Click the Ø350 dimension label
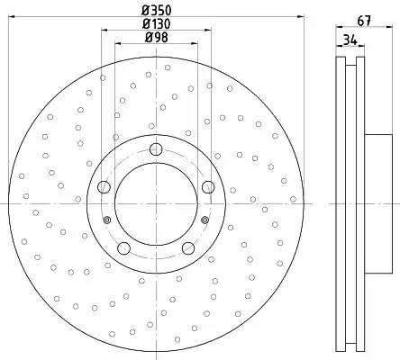tap(157, 11)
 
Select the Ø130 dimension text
tap(157, 24)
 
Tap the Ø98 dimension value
tap(157, 38)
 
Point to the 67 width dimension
tap(364, 21)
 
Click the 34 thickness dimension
tap(350, 40)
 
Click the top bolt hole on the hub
tap(156, 149)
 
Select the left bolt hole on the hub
tap(105, 187)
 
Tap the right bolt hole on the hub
tap(208, 187)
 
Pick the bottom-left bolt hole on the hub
tap(123, 248)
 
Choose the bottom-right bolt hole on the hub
tap(188, 247)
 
